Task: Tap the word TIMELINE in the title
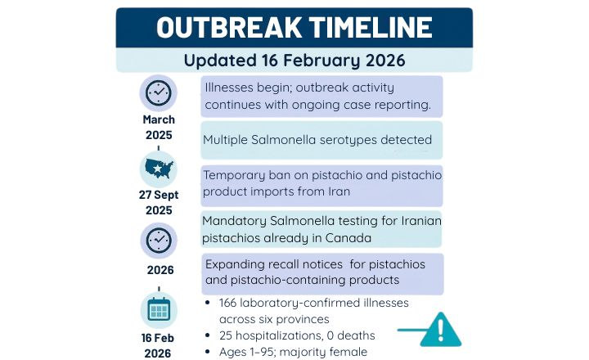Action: coord(364,28)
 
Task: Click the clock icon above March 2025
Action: coord(158,93)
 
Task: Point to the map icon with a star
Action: coord(158,169)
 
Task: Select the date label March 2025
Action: coord(159,127)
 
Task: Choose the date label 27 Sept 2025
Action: coord(159,202)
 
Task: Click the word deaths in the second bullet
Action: coord(356,335)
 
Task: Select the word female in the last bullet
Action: coord(348,352)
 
